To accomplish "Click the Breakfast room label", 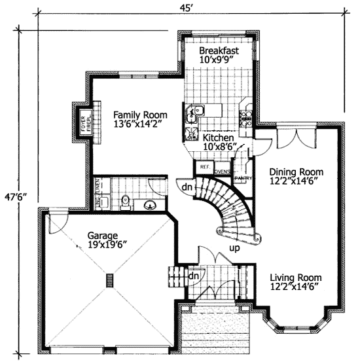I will pyautogui.click(x=218, y=50).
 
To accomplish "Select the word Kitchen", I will pyautogui.click(x=218, y=138).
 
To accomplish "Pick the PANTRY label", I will pyautogui.click(x=243, y=177).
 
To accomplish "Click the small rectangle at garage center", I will pyautogui.click(x=109, y=281).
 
